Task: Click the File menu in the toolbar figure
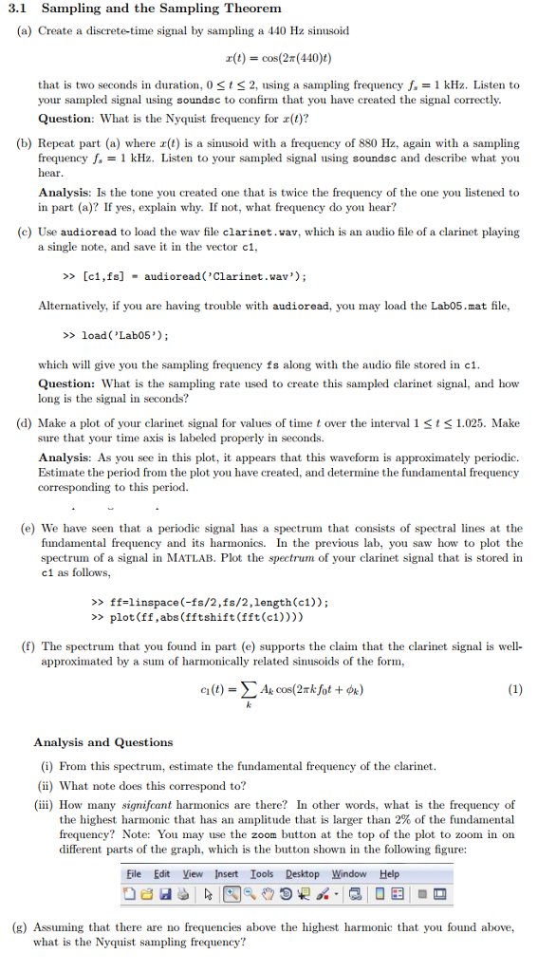click(x=135, y=874)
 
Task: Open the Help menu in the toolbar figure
click(x=389, y=874)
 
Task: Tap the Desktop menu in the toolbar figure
click(x=303, y=874)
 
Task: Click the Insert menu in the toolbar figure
click(x=226, y=874)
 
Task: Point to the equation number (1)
click(x=514, y=690)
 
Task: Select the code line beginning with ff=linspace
click(x=209, y=602)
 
